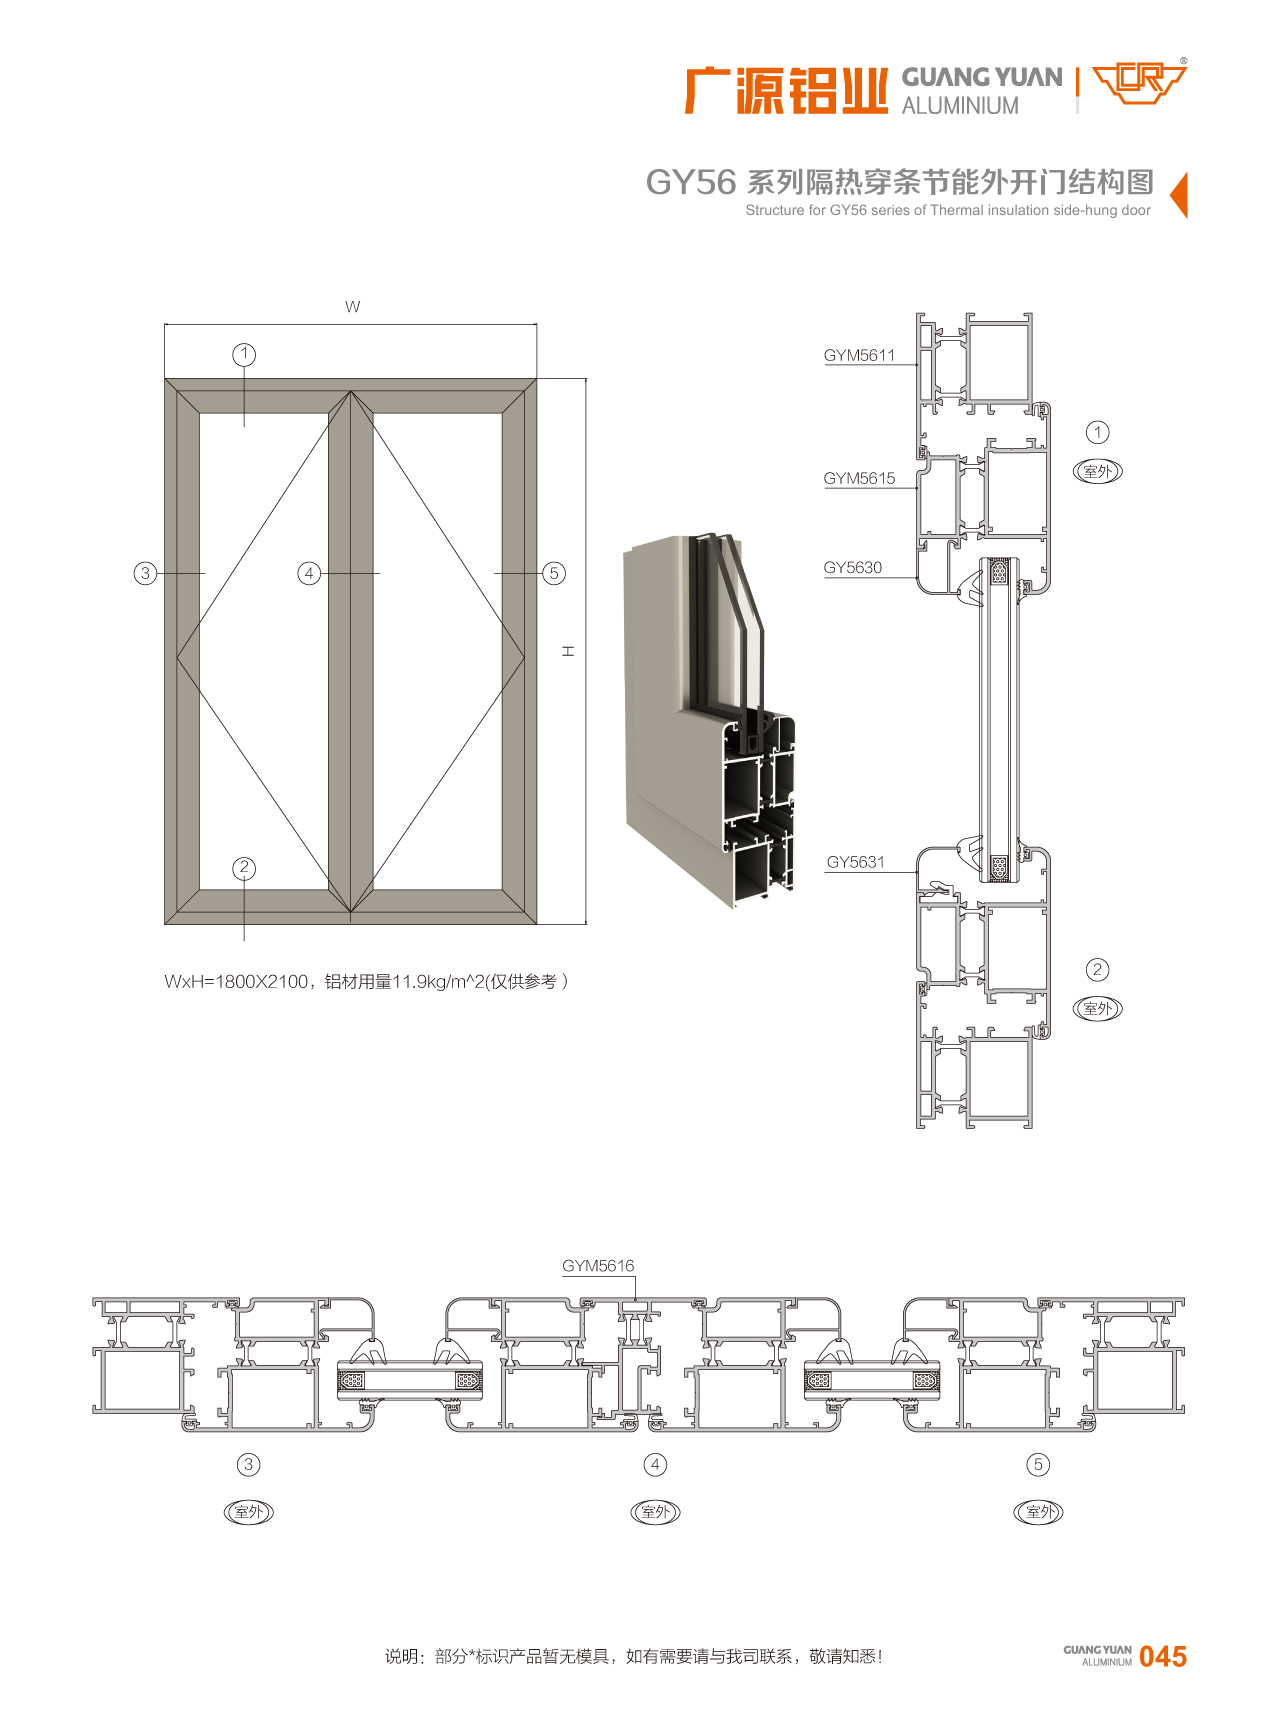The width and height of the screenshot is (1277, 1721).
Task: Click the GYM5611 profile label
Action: pyautogui.click(x=859, y=355)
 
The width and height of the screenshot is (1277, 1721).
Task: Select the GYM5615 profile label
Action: pyautogui.click(x=859, y=478)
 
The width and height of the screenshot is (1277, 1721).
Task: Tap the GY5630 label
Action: pyautogui.click(x=852, y=567)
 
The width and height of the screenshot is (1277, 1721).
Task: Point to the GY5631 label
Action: pyautogui.click(x=855, y=862)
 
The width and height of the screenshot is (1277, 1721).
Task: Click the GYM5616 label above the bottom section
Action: pyautogui.click(x=598, y=1265)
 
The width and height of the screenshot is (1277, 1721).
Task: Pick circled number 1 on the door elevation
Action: pyautogui.click(x=244, y=354)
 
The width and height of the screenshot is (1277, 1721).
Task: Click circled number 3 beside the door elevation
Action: pyautogui.click(x=145, y=573)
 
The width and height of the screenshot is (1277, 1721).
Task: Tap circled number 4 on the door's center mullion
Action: pyautogui.click(x=309, y=573)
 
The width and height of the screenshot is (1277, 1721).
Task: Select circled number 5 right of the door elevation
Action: pyautogui.click(x=554, y=573)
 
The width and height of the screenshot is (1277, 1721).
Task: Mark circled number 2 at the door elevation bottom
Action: pyautogui.click(x=244, y=868)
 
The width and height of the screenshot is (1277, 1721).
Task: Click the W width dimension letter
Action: pyautogui.click(x=352, y=307)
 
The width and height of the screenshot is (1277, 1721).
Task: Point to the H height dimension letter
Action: pyautogui.click(x=568, y=651)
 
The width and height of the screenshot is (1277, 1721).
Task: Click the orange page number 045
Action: pyautogui.click(x=1162, y=1657)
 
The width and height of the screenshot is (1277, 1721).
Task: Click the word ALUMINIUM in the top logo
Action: pyautogui.click(x=960, y=106)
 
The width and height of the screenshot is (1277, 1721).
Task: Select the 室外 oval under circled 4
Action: pyautogui.click(x=655, y=1512)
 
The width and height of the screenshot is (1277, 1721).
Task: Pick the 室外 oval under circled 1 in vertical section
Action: pyautogui.click(x=1098, y=471)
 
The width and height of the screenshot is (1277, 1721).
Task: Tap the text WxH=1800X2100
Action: pyautogui.click(x=237, y=982)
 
